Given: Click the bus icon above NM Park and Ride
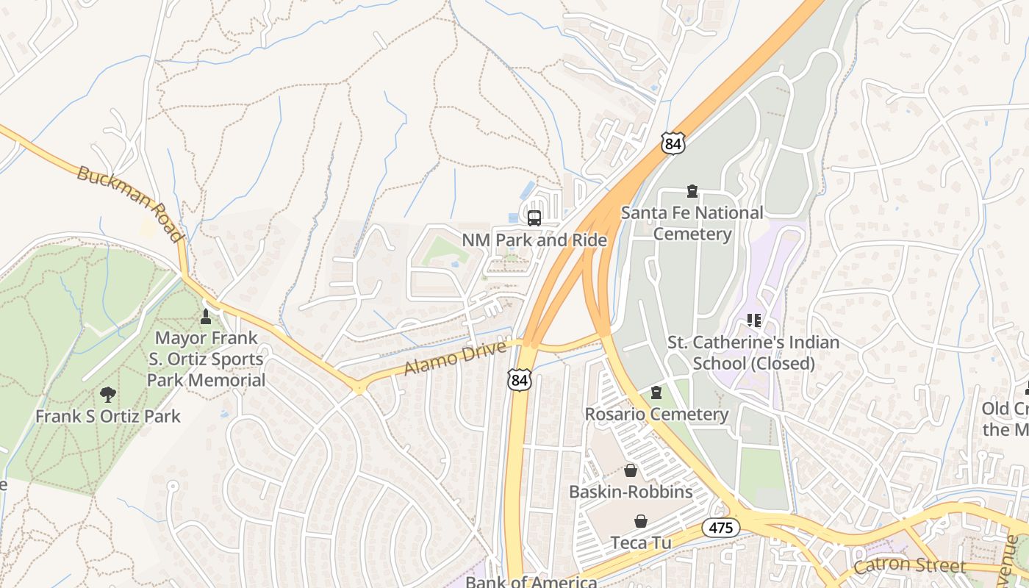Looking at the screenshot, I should coord(534,218).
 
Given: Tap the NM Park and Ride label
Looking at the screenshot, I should coord(534,240).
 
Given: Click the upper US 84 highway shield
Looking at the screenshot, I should coord(673,143).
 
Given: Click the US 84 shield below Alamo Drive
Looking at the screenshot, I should coord(519,379).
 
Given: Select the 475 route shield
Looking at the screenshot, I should coord(720,527).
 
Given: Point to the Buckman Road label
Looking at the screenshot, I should coord(129,204).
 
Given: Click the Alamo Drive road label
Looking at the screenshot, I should coord(455,358).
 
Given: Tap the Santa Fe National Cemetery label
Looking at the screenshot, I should coord(692,223).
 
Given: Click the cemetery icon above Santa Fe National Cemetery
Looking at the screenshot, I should coord(692,192).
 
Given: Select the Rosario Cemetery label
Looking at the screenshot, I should coord(656,415).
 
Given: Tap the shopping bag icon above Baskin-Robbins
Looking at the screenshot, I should coord(630,470).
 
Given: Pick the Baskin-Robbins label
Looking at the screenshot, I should coord(631,492).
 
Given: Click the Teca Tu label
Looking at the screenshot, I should coord(641,543).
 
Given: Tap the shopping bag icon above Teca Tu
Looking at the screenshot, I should coord(641,521).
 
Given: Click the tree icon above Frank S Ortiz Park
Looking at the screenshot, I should coord(108,395).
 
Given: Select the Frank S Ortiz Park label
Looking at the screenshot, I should coord(108,416).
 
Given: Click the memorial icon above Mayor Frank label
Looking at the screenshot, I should coord(206,317).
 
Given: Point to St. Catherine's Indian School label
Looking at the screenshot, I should coord(753,353).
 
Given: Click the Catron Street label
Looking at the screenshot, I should coord(909,565).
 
